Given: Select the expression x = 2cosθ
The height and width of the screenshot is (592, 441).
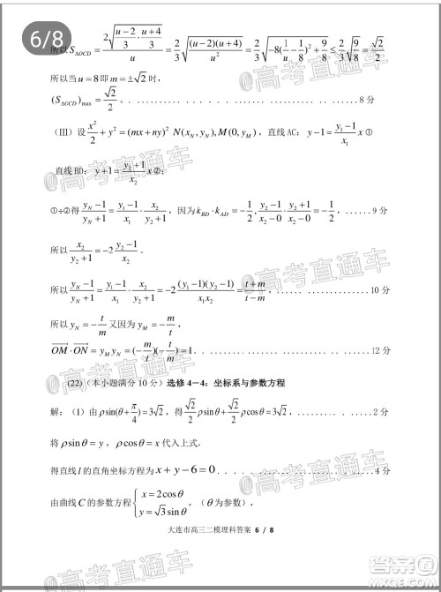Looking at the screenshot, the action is [155, 495].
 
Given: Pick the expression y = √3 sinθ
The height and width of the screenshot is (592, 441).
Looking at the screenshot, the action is [158, 513].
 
